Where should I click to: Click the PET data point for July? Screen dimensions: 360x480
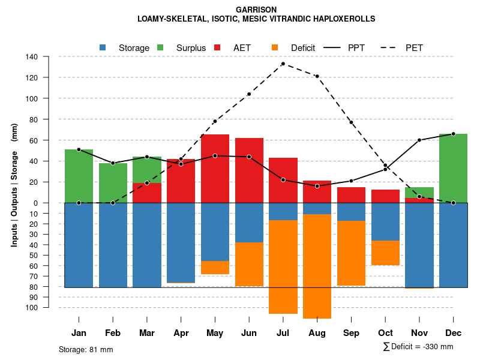(283, 64)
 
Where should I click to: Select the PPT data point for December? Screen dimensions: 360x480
(453, 134)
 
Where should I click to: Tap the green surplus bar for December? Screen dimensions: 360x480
(453, 168)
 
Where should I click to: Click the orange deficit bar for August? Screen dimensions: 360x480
(317, 266)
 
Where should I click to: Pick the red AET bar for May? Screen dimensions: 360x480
(215, 169)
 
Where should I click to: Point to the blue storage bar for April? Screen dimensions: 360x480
(181, 243)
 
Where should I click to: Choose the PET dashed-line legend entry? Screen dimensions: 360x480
(408, 48)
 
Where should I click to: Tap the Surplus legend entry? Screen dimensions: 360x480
(184, 48)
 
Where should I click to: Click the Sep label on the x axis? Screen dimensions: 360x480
(351, 333)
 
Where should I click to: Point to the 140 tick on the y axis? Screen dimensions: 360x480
(49, 57)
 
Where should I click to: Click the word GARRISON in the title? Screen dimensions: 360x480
(256, 10)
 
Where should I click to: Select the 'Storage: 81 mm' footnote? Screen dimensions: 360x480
(86, 349)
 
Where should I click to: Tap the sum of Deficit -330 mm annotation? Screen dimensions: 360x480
(418, 347)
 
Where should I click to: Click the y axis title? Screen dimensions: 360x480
(14, 185)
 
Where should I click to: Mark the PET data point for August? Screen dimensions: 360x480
(317, 76)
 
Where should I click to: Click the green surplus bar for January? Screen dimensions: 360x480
(79, 176)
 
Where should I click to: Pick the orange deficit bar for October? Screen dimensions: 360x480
(385, 253)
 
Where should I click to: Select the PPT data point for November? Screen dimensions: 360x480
(419, 140)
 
